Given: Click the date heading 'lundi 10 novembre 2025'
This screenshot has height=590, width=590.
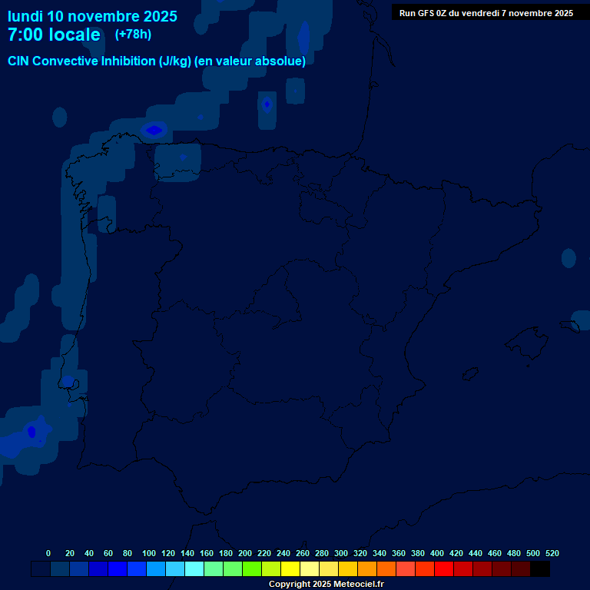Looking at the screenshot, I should coord(92,16).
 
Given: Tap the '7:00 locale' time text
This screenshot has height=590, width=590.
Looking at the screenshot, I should coord(54,35).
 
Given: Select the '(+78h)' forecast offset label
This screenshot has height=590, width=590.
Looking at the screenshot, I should coord(133,34).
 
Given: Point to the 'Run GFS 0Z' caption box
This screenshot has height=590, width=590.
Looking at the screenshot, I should coord(486,12).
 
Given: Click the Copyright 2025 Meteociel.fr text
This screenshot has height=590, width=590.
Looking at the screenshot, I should coord(326,584).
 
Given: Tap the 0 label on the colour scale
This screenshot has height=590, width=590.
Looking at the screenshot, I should coord(48,553).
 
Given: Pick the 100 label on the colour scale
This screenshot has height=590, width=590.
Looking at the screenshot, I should coord(149,553).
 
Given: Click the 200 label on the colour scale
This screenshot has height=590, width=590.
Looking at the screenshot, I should coord(245,553).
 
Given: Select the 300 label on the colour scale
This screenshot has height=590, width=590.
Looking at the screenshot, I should coord(341,553).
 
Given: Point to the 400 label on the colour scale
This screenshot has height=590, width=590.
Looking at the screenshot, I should coord(437,553).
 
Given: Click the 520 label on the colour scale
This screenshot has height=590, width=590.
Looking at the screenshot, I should coord(552,553).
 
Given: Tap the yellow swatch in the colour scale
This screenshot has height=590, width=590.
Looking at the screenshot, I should coord(290,569).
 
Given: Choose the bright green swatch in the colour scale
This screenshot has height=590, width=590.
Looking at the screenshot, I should coord(252,569).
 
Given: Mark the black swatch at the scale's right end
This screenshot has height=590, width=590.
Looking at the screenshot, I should coord(540,569).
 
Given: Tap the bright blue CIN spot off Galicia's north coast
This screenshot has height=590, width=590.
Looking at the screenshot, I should coord(154,130).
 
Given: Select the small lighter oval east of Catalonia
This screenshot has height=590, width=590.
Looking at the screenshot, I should coord(568,258).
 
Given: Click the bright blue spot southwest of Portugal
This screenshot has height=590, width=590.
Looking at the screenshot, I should coord(31,432).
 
